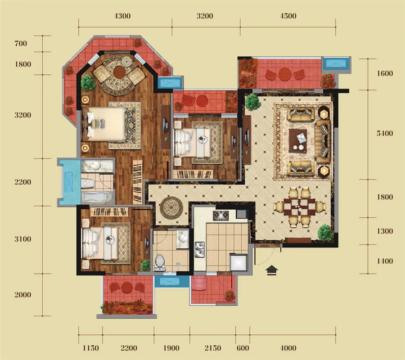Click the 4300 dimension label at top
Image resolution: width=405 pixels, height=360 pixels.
(x=122, y=16)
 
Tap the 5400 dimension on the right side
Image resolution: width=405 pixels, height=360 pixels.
(x=385, y=133)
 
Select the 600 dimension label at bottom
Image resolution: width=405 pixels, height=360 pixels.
(x=243, y=348)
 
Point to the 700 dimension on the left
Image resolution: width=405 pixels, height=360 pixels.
(x=21, y=43)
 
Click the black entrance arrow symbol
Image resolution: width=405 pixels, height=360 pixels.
(x=272, y=270)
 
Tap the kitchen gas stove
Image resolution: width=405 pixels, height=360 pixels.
(x=221, y=216)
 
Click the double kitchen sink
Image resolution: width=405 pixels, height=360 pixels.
(x=200, y=250)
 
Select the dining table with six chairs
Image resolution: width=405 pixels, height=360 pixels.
(x=300, y=207)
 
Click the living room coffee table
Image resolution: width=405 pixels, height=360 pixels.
(x=298, y=141)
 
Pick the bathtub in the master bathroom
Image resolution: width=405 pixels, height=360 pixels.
(x=97, y=197)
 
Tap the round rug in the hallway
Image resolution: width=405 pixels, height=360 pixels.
(x=171, y=207)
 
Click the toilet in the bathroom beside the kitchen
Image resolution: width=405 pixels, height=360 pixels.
(x=160, y=262)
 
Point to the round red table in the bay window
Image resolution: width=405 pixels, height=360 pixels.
(x=119, y=72)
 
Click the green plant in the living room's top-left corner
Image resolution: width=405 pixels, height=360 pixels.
(x=252, y=102)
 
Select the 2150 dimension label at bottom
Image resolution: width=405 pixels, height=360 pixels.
(x=213, y=348)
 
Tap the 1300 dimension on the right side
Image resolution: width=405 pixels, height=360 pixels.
(x=385, y=231)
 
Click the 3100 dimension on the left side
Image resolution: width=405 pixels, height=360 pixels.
(x=23, y=239)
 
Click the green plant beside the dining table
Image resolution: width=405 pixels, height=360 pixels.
(x=324, y=232)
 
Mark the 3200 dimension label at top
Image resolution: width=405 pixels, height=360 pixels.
(x=205, y=16)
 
